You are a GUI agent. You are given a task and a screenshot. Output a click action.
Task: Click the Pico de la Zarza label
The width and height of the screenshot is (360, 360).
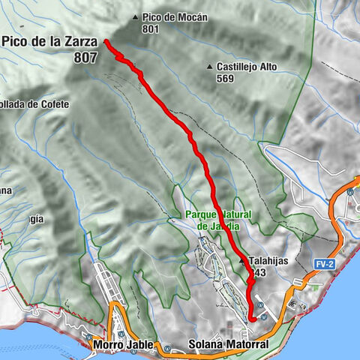(x=50, y=43)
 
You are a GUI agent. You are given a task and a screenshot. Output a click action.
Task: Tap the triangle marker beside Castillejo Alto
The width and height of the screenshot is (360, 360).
(x=209, y=67)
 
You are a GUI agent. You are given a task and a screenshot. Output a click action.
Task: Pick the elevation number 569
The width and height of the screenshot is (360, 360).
(x=225, y=79)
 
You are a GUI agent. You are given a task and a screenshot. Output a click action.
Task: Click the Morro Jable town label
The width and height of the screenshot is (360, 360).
(x=124, y=345)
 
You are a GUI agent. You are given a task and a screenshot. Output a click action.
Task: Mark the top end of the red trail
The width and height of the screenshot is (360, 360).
(x=105, y=40)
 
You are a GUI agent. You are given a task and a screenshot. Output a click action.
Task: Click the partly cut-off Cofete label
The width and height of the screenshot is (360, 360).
(x=34, y=103)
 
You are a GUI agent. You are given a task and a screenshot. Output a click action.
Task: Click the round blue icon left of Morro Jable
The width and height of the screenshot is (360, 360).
(x=88, y=337)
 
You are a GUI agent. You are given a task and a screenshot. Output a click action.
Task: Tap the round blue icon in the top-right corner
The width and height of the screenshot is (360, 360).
(x=349, y=192)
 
